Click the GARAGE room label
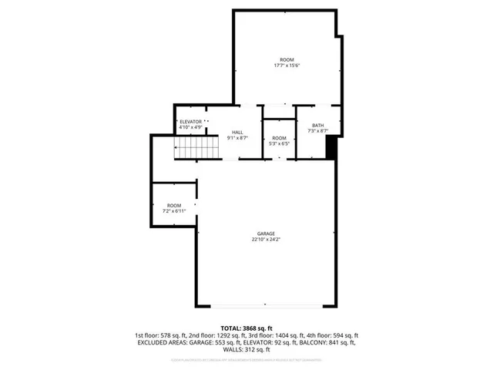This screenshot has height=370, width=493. click(x=267, y=234)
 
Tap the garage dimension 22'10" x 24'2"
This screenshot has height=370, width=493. click(x=267, y=240)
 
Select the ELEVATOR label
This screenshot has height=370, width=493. click(x=190, y=122)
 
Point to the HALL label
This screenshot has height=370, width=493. click(x=237, y=133)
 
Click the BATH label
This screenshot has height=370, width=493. click(x=317, y=126)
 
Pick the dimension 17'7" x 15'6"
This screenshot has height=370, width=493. click(x=287, y=66)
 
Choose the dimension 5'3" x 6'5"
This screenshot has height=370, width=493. click(x=279, y=143)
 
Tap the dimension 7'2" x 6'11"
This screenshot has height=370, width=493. click(x=173, y=210)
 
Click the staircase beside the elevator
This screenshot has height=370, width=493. click(x=189, y=148)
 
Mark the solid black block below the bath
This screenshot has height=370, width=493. click(x=331, y=147)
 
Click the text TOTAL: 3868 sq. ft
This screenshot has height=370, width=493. click(x=246, y=328)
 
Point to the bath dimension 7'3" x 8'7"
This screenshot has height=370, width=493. click(x=317, y=132)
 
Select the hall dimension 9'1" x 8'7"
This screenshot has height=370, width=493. click(x=237, y=139)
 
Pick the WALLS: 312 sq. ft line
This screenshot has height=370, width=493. click(x=246, y=351)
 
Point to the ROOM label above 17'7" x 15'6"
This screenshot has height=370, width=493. click(x=287, y=59)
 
